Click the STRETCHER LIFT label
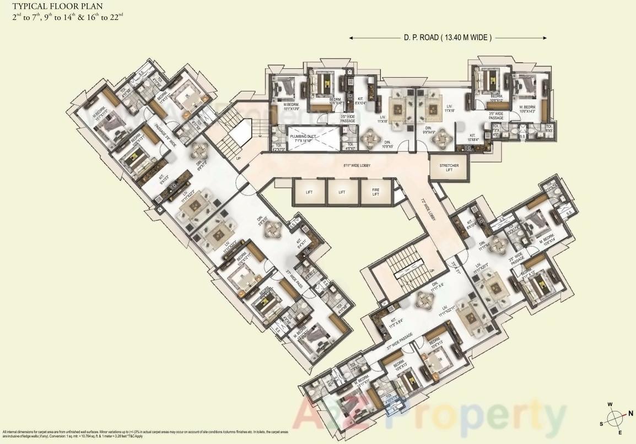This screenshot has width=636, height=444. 449,168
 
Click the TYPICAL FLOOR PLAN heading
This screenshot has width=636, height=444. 58,7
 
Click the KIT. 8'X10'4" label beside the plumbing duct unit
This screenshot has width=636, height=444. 361,100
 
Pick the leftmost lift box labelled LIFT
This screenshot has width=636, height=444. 309,192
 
